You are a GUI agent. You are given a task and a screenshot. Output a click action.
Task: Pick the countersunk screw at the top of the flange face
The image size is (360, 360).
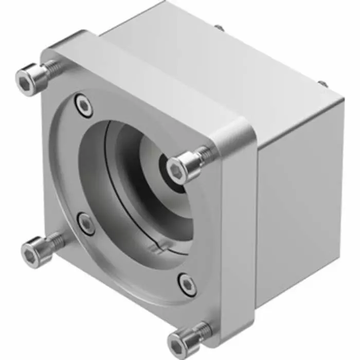coord(83,106)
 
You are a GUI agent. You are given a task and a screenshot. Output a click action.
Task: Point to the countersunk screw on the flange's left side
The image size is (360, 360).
coord(86,224)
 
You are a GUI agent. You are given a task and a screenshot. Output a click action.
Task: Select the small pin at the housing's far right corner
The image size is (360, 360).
coord(322,83)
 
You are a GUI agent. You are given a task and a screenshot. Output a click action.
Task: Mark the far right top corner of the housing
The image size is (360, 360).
coord(341,99)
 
